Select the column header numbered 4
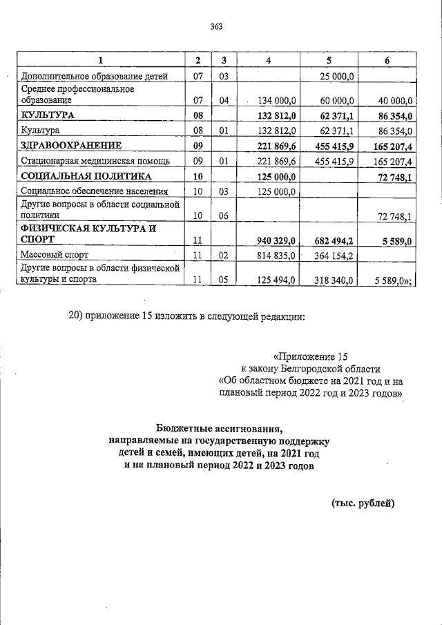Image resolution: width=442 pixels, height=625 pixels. (269, 61)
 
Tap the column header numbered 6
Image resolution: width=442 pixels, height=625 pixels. (387, 61)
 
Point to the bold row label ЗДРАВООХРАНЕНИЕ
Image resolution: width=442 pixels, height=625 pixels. (71, 146)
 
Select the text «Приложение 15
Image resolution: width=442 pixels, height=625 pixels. (308, 357)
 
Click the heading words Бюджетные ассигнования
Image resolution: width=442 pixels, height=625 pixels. (220, 428)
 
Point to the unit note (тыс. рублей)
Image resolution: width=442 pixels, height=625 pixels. (364, 503)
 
